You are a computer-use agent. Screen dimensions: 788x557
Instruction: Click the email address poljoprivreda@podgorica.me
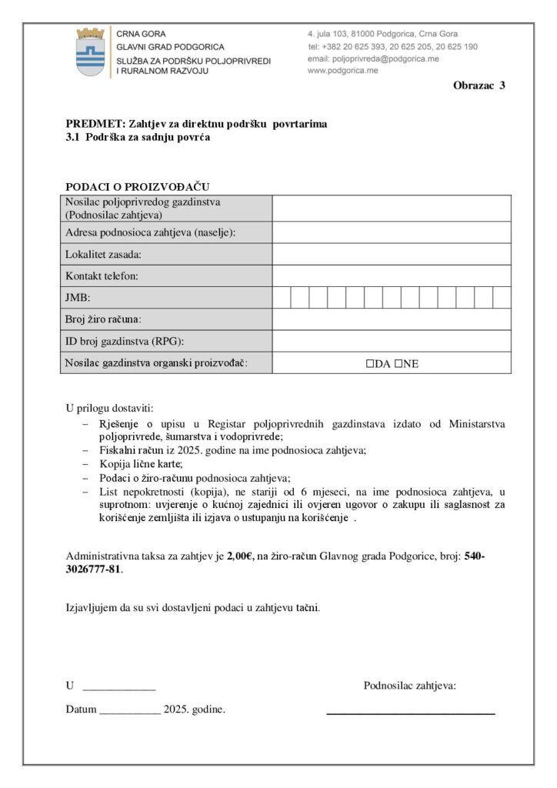pyautogui.click(x=384, y=58)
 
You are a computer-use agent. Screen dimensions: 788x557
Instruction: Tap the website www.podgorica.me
pyautogui.click(x=342, y=70)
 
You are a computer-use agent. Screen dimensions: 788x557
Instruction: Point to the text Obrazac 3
pyautogui.click(x=479, y=85)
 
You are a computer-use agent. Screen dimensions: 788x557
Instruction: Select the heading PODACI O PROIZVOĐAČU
pyautogui.click(x=138, y=187)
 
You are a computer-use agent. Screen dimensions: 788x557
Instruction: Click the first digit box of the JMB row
pyautogui.click(x=282, y=297)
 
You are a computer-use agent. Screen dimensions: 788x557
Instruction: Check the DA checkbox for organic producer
pyautogui.click(x=370, y=363)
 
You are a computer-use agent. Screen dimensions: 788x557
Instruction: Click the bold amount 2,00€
pyautogui.click(x=241, y=556)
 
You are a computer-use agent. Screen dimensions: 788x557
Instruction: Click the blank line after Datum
pyautogui.click(x=130, y=710)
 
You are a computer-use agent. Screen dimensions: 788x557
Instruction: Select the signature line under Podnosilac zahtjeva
pyautogui.click(x=410, y=713)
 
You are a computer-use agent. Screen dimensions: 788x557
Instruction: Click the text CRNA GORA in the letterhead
pyautogui.click(x=141, y=35)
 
